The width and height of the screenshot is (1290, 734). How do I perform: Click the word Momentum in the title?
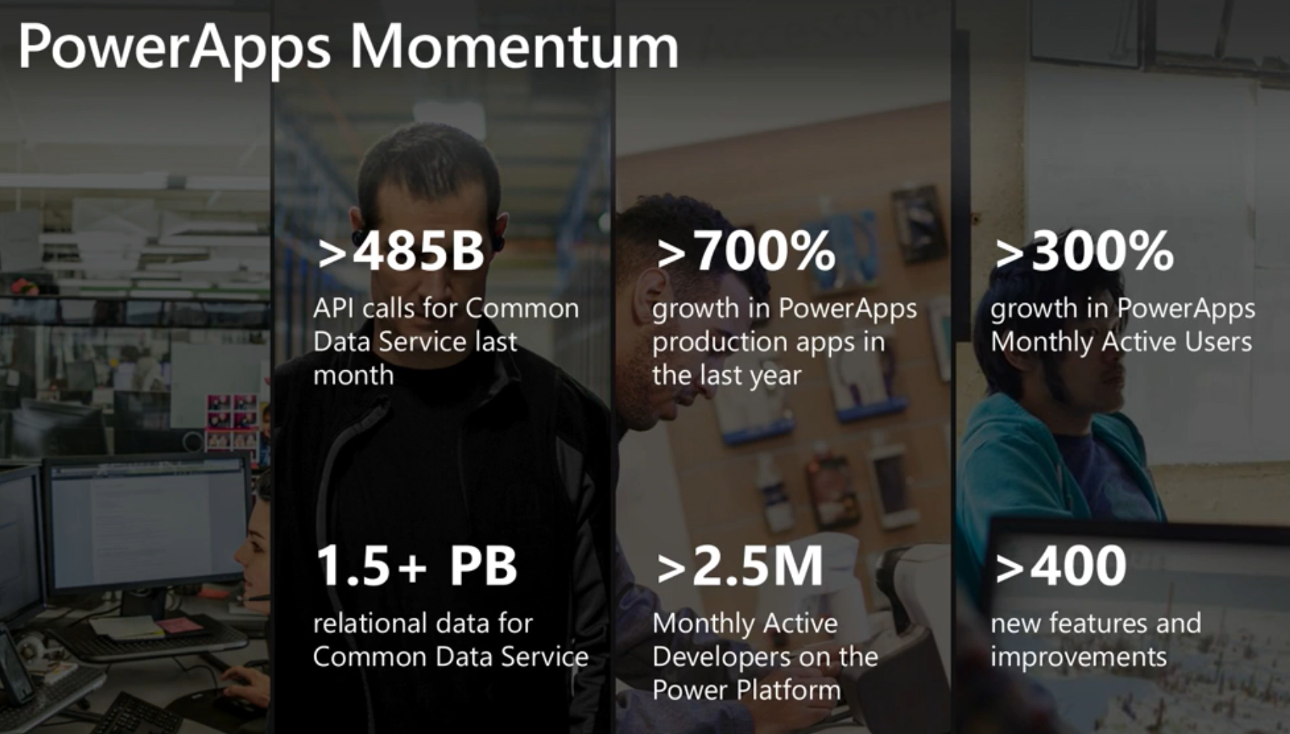coord(514,46)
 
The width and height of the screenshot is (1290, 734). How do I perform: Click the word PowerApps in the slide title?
coord(174,49)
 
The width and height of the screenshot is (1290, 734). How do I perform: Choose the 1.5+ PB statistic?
coord(417,566)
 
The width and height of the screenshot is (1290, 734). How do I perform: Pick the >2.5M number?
coord(740,566)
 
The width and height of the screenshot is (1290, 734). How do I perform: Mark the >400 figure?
coord(1060,566)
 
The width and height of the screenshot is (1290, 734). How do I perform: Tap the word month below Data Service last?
coord(354,375)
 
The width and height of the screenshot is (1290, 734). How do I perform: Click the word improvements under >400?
coord(1078,658)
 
